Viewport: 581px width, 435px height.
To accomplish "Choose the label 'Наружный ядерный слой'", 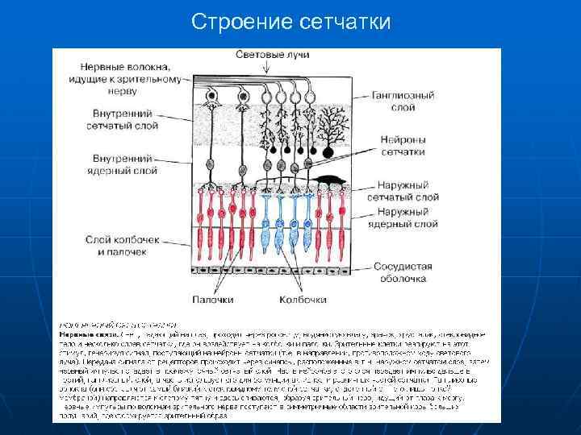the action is (403, 217).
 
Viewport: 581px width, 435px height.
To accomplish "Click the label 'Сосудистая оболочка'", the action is (403, 272).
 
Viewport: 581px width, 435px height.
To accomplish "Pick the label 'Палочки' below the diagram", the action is (213, 299).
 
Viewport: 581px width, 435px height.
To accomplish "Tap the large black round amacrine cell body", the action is (328, 151).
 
